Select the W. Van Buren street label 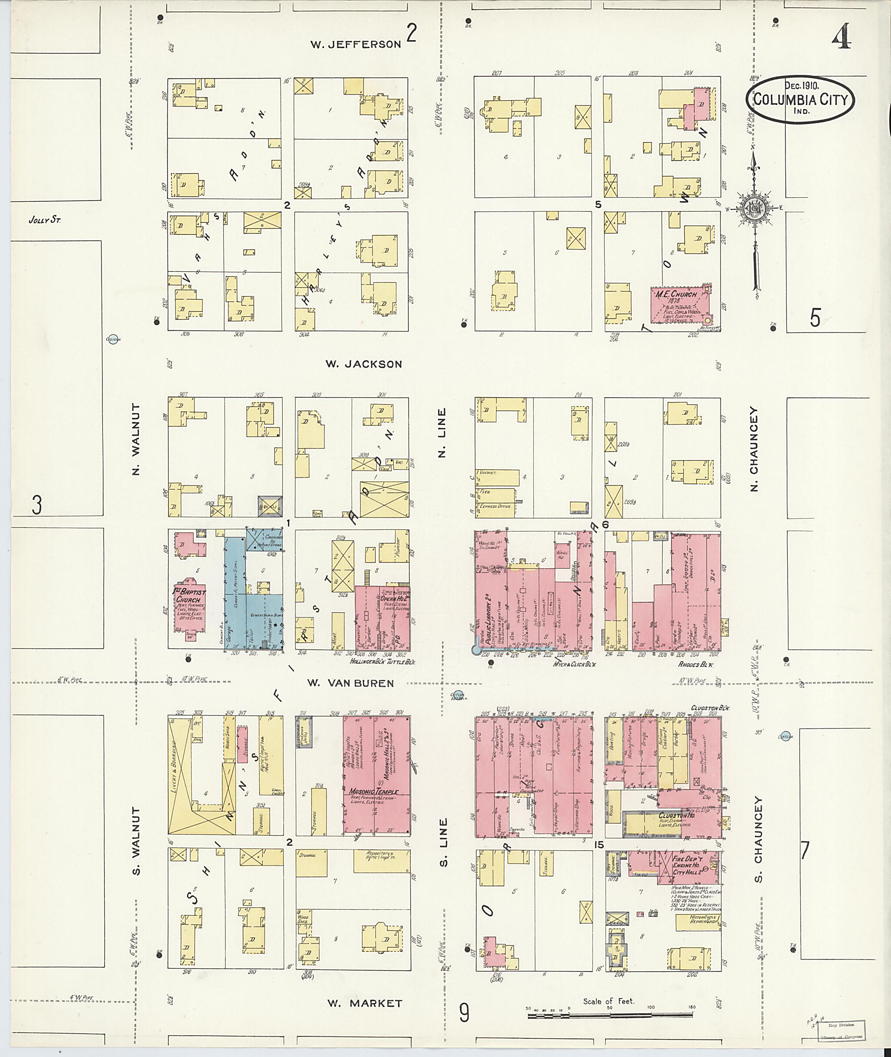click(351, 683)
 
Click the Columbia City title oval click(800, 100)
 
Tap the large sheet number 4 click(841, 37)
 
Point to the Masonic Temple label click(374, 791)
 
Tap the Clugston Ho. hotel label click(677, 815)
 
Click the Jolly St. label click(44, 220)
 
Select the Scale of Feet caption click(608, 1001)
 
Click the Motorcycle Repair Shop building click(697, 921)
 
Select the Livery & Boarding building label click(177, 771)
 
